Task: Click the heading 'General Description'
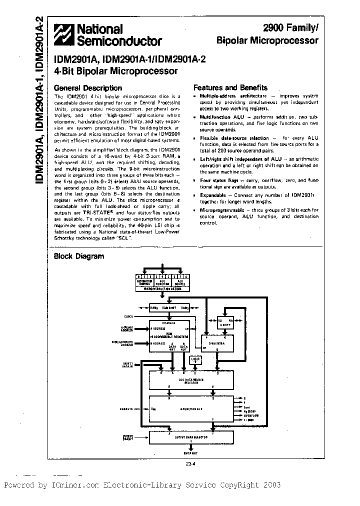coord(87,87)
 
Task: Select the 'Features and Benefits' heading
coord(230,87)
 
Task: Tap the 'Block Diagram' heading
coord(79,256)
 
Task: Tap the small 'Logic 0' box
coord(195,359)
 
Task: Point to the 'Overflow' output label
coord(251,415)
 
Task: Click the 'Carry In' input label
coord(129,408)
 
